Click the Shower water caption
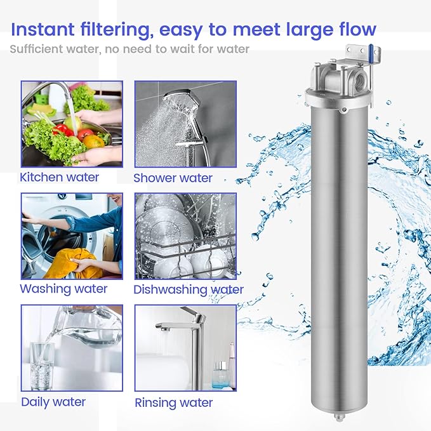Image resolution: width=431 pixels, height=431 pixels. (x=173, y=178)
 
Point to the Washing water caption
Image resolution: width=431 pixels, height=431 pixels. (x=63, y=289)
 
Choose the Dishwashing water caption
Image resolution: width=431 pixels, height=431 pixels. (x=189, y=289)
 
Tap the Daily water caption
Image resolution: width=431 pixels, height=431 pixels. (x=53, y=401)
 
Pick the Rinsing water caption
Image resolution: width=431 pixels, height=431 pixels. (x=174, y=402)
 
